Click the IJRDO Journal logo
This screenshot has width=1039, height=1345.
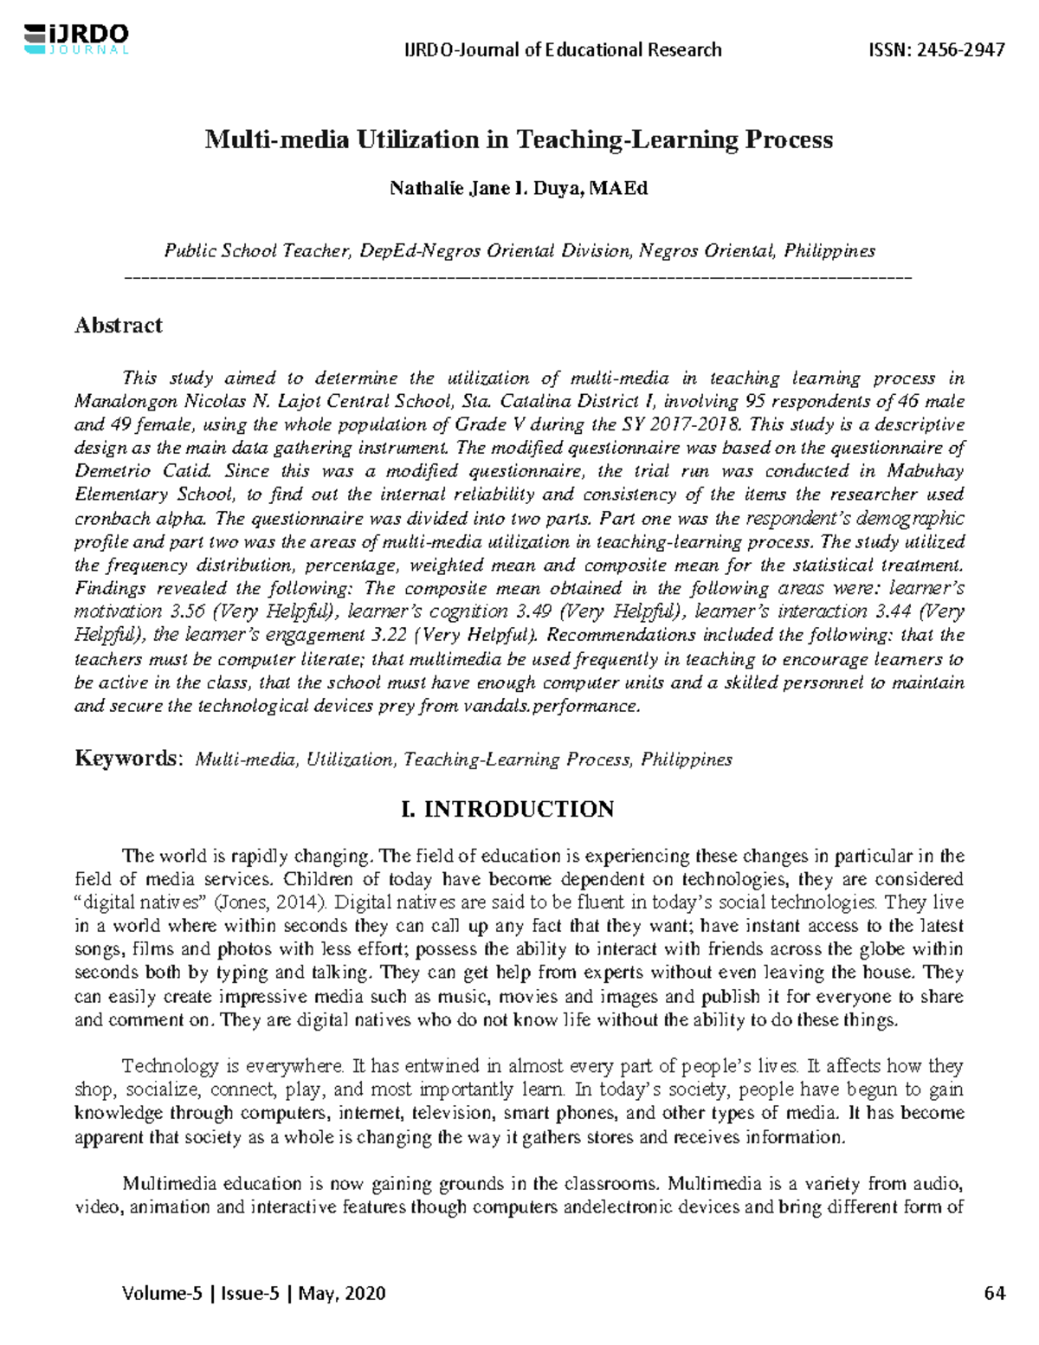pyautogui.click(x=77, y=39)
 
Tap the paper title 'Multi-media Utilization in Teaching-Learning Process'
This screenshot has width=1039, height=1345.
pyautogui.click(x=518, y=140)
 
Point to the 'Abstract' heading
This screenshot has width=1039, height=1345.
pyautogui.click(x=118, y=326)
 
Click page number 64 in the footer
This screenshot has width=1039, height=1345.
pyautogui.click(x=995, y=1294)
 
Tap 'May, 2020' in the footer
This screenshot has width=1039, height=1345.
pyautogui.click(x=347, y=1294)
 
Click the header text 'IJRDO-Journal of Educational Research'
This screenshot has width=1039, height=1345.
pyautogui.click(x=563, y=49)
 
